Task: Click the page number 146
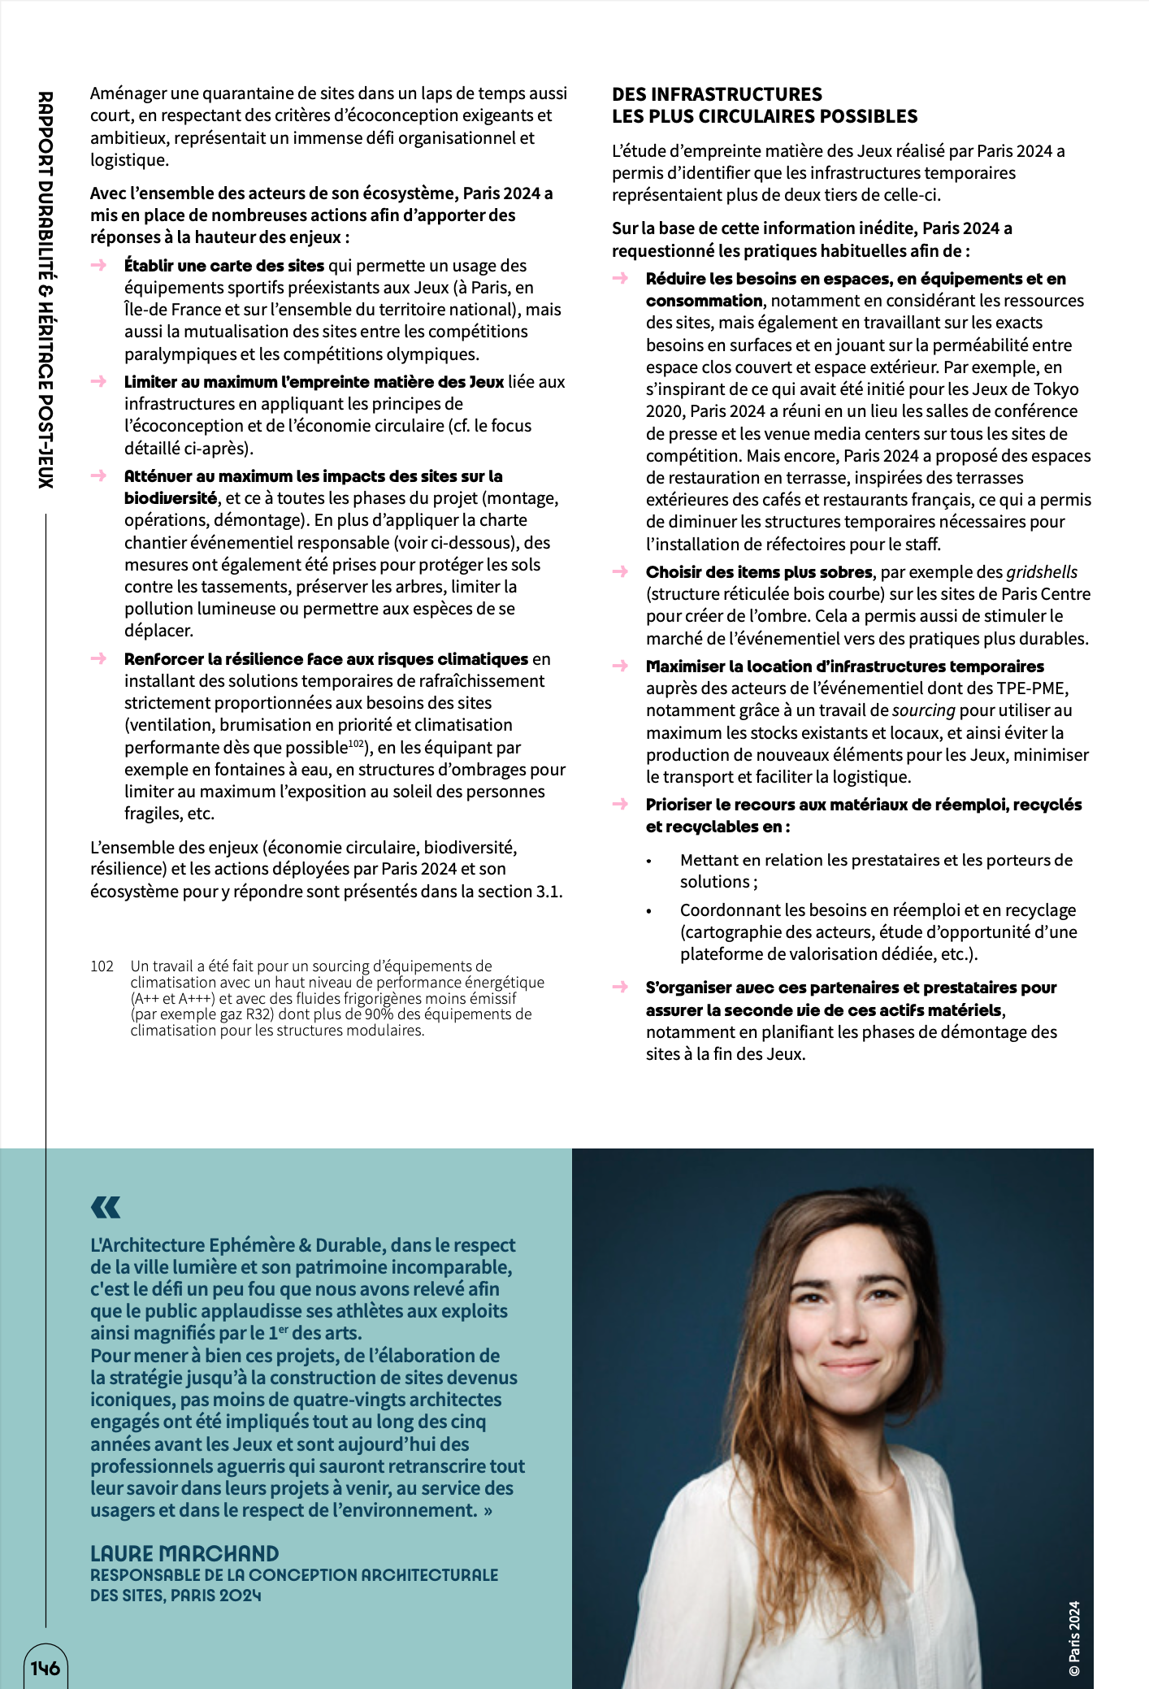(x=46, y=1668)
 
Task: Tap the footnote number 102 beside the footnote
(x=102, y=966)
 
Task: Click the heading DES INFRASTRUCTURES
(x=717, y=94)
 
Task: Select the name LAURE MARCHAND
(x=184, y=1553)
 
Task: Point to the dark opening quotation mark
(x=106, y=1207)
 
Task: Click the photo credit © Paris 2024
(x=1074, y=1638)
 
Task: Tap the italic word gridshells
(x=1042, y=572)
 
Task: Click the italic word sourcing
(x=923, y=710)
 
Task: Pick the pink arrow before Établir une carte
(x=99, y=265)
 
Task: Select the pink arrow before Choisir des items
(x=621, y=571)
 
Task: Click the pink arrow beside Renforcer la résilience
(x=99, y=658)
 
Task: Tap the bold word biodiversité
(x=170, y=498)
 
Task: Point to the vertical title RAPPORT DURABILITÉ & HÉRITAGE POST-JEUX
(x=46, y=289)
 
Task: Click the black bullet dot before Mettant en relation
(x=648, y=861)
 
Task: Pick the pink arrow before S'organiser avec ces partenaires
(x=621, y=988)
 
